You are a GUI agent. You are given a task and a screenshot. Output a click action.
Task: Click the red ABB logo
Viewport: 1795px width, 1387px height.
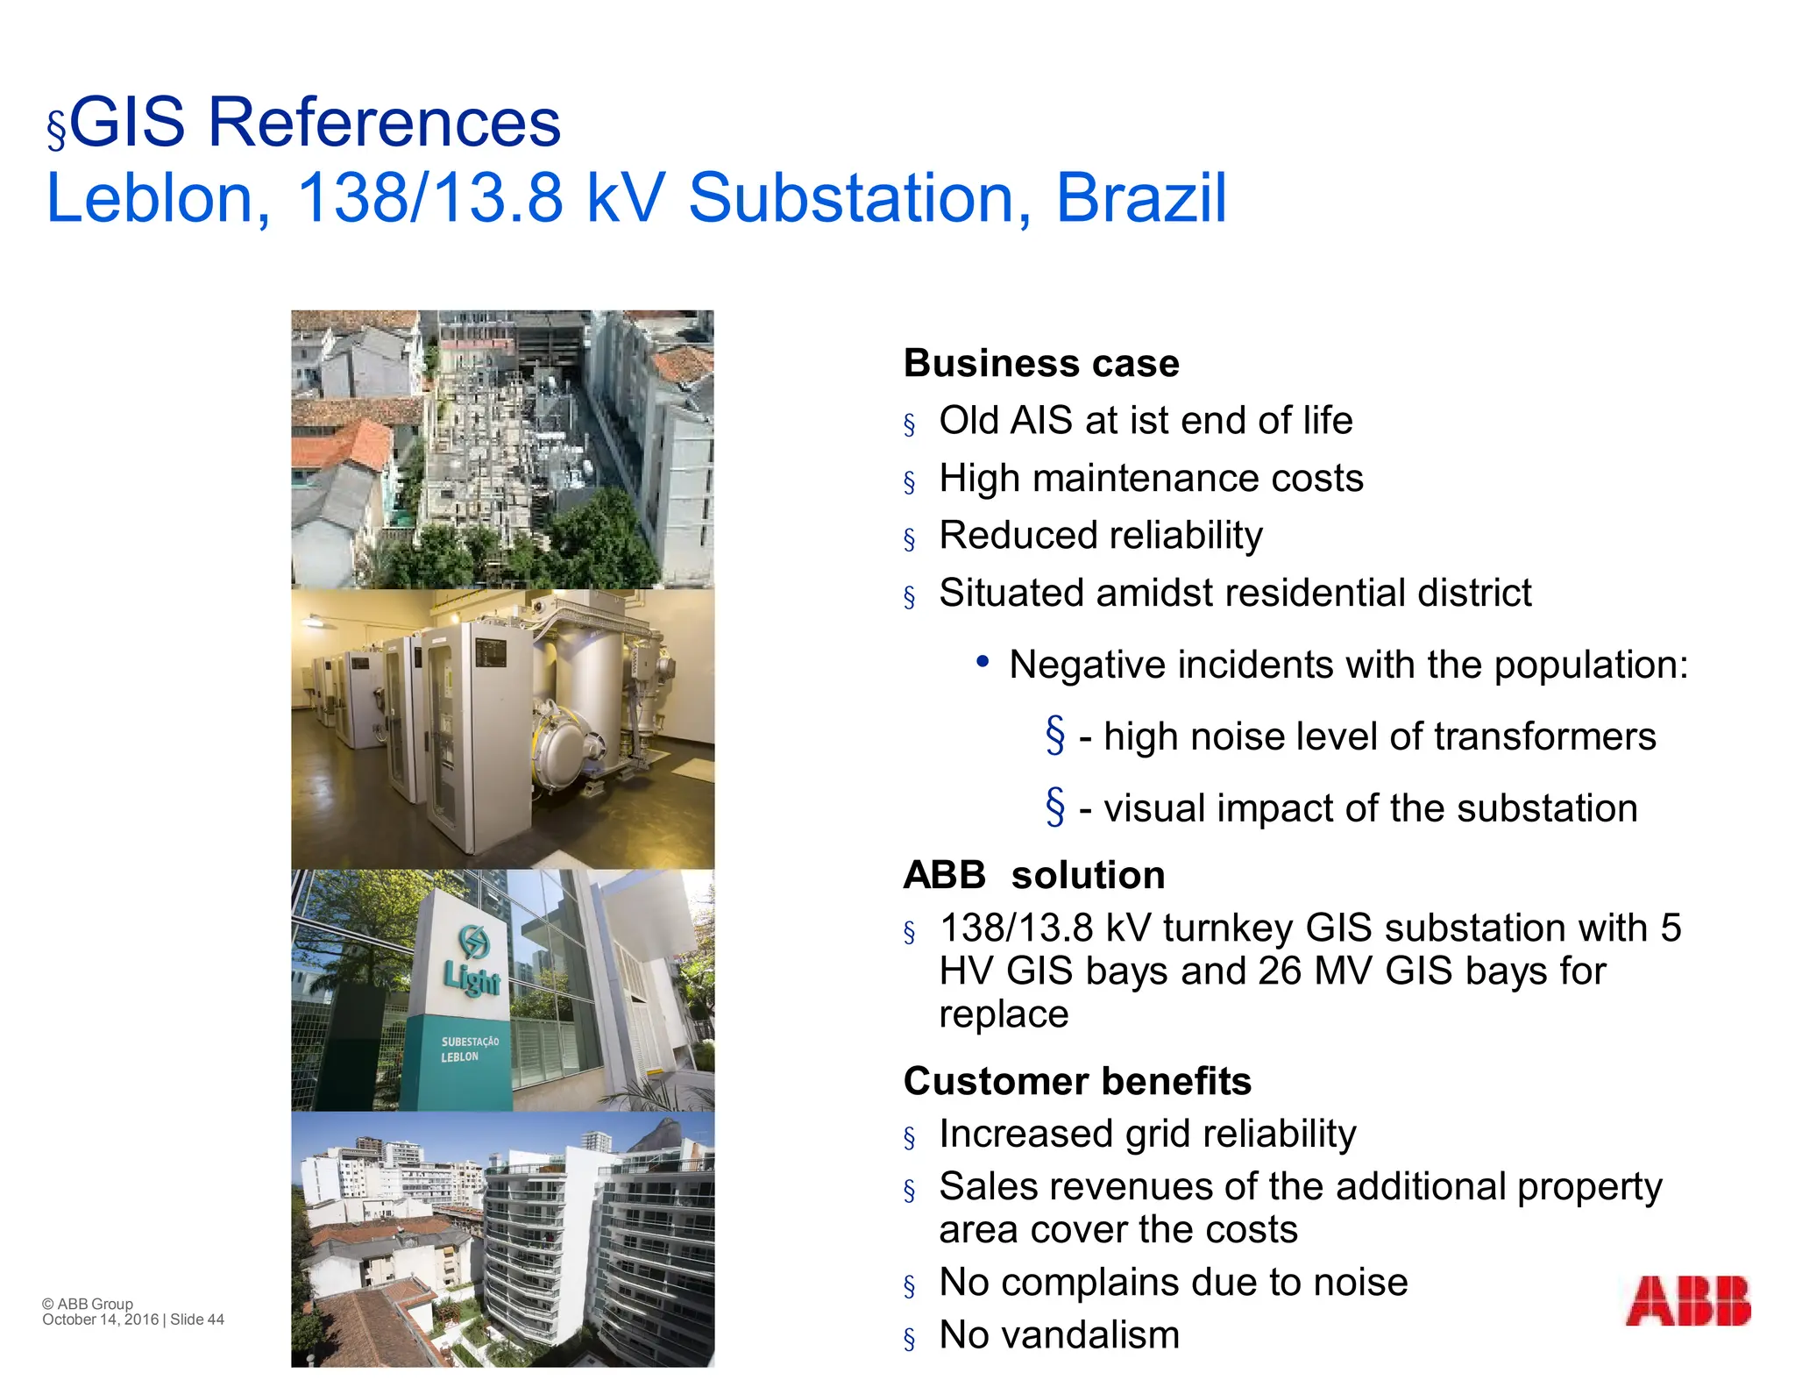[x=1687, y=1300]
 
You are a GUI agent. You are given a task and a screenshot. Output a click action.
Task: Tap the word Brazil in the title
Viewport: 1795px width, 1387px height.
[x=1140, y=198]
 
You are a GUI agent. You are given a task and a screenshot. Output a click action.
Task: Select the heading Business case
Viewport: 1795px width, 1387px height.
[x=1041, y=364]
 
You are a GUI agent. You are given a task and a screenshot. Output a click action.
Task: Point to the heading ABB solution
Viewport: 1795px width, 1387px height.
[x=1034, y=875]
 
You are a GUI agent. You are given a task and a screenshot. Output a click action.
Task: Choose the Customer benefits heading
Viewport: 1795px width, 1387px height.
[x=1077, y=1081]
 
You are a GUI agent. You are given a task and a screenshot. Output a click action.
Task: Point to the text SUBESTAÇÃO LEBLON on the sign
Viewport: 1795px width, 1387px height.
[x=469, y=1049]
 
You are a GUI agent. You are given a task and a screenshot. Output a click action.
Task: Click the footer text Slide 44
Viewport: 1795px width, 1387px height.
[x=197, y=1319]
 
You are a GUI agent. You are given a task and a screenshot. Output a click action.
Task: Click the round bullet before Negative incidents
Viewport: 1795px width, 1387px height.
[x=983, y=662]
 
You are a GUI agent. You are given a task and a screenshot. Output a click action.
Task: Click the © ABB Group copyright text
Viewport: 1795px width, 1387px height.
[x=88, y=1304]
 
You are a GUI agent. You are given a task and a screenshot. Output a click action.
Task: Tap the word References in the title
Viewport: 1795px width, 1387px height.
[x=383, y=123]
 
